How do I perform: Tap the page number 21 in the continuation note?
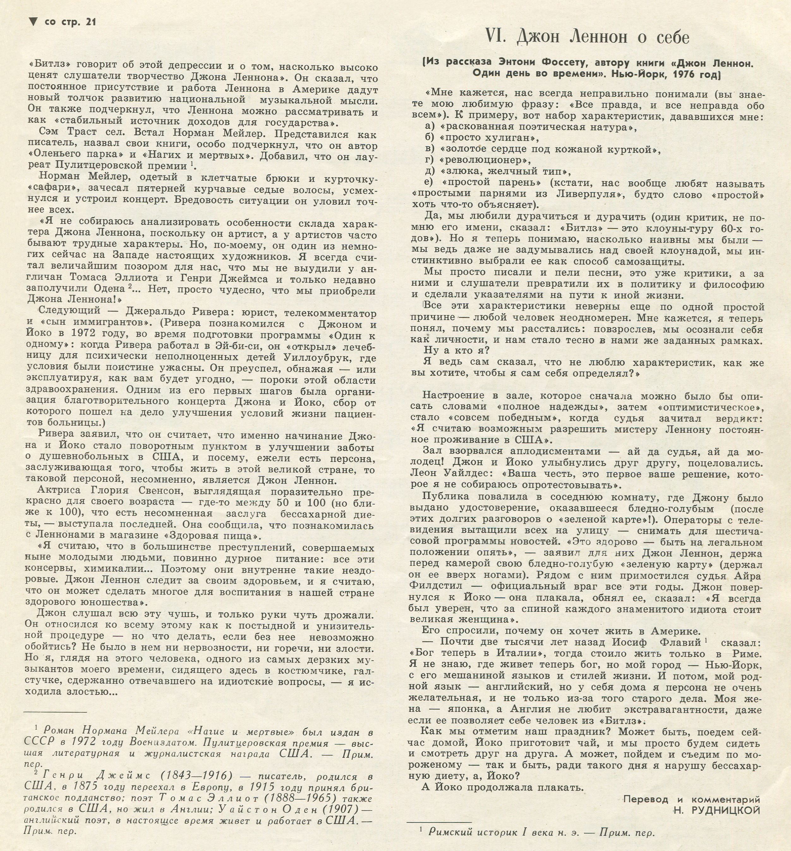[91, 22]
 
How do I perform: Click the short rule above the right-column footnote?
[439, 822]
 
